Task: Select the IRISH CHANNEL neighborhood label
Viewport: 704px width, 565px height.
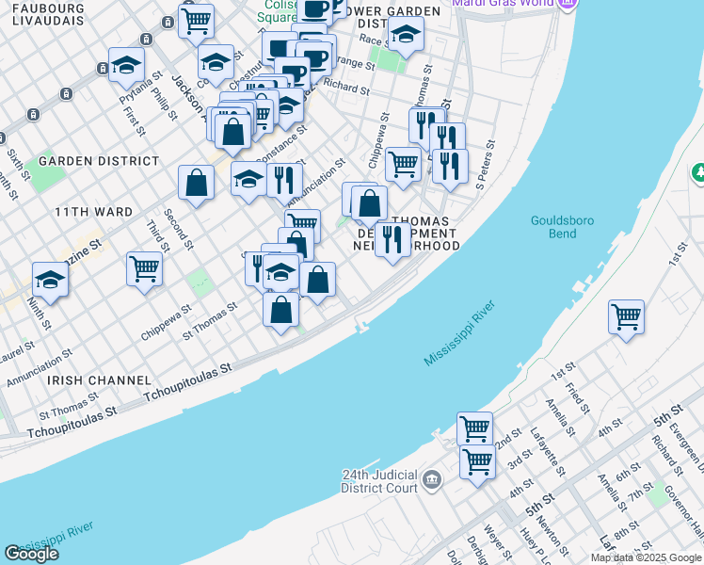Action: pyautogui.click(x=99, y=379)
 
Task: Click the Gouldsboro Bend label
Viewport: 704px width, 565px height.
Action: pyautogui.click(x=565, y=226)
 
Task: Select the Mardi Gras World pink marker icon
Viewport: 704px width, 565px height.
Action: pyautogui.click(x=567, y=3)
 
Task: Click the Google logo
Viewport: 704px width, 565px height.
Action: pyautogui.click(x=32, y=553)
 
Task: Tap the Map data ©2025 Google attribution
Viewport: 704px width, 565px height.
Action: pyautogui.click(x=645, y=557)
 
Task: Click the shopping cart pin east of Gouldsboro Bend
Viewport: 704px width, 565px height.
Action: pyautogui.click(x=626, y=316)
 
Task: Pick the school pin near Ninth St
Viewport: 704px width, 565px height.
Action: pyautogui.click(x=50, y=278)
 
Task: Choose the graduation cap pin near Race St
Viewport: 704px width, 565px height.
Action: pyautogui.click(x=406, y=34)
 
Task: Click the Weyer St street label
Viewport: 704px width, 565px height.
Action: pyautogui.click(x=492, y=544)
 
